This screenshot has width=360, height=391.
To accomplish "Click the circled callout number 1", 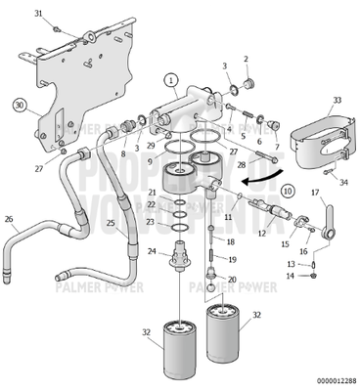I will coord(171,79).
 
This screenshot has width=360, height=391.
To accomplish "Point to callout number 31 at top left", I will coord(38,14).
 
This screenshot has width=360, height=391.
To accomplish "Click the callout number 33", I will coord(337,100).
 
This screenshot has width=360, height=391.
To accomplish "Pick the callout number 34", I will coord(342,182).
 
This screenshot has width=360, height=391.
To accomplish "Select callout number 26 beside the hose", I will coord(9,219).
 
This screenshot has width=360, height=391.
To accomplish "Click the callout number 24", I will coord(153,251).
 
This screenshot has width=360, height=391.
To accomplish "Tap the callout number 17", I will coord(329,193).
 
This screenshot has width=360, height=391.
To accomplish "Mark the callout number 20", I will coord(231,280).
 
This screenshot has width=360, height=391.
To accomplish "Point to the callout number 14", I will coord(291,277).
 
